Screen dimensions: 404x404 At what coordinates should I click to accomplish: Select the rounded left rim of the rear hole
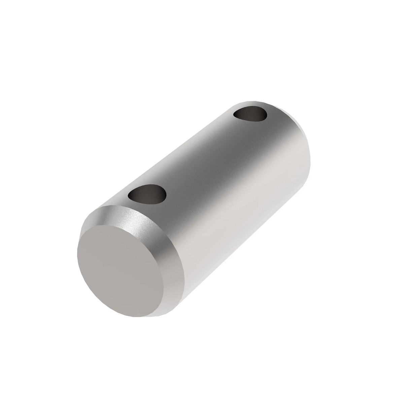tap(234, 115)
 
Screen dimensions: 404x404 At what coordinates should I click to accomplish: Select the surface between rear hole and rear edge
tap(273, 109)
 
